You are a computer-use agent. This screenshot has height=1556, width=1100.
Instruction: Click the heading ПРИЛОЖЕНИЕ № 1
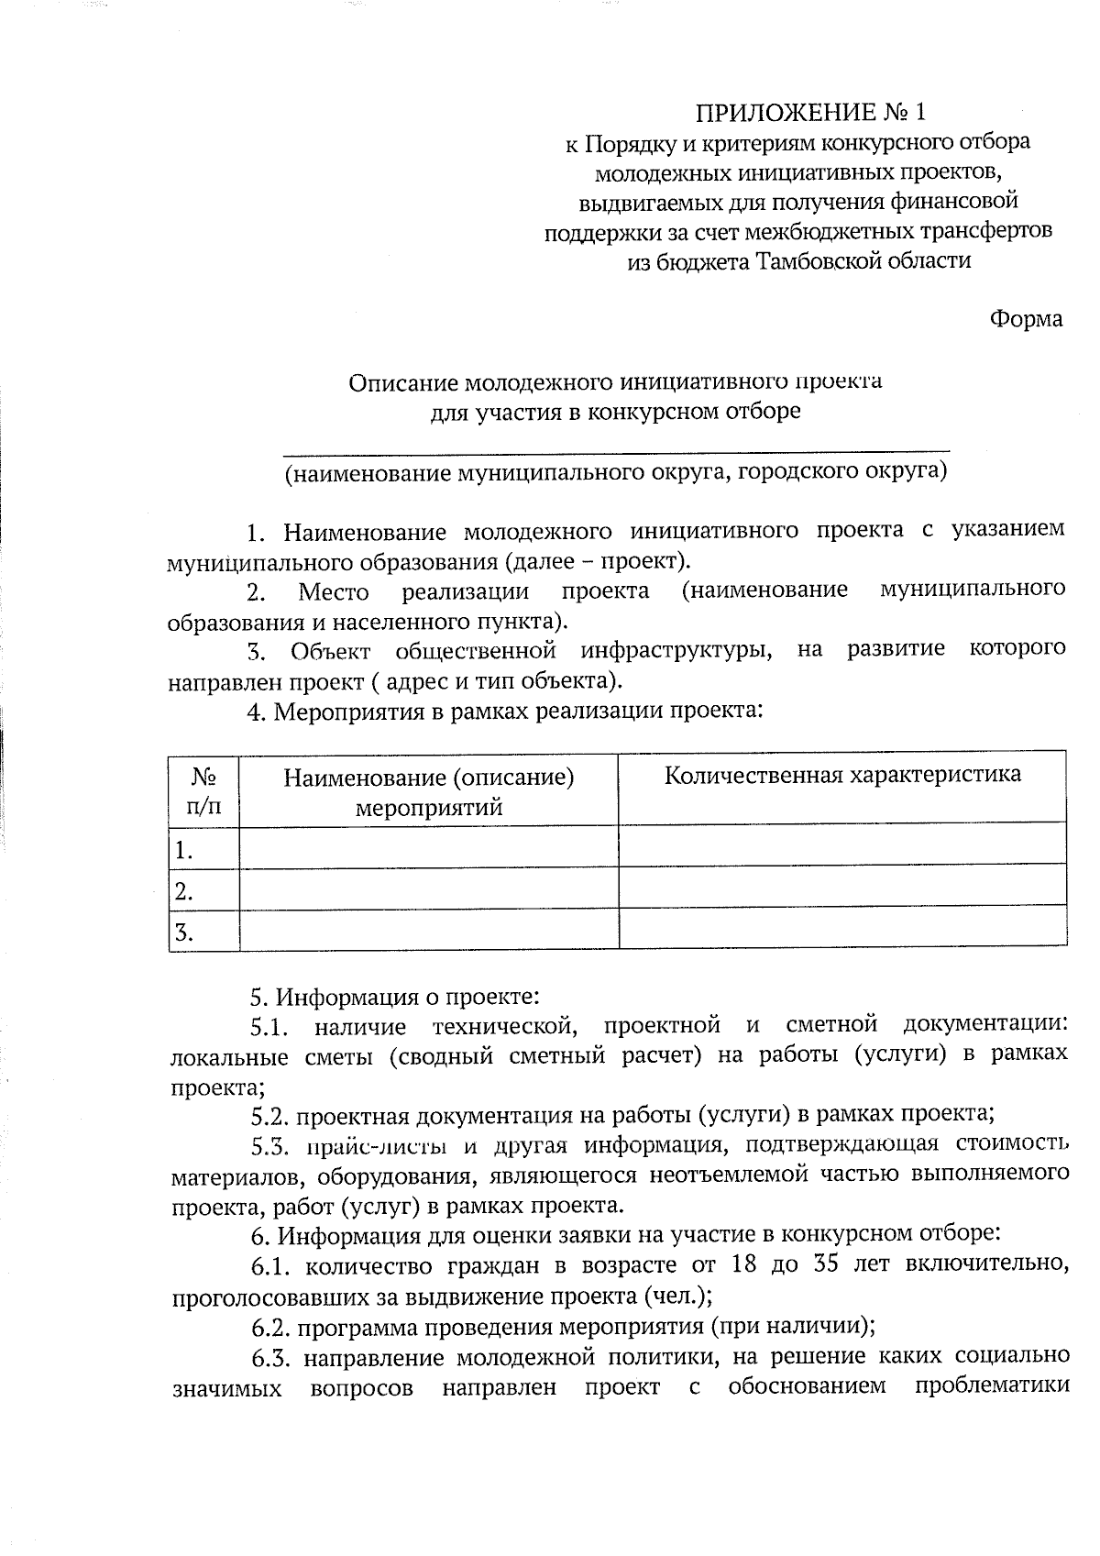(x=810, y=113)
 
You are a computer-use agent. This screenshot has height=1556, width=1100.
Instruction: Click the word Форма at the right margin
(x=1026, y=319)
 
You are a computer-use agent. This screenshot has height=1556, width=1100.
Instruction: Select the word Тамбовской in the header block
(x=815, y=260)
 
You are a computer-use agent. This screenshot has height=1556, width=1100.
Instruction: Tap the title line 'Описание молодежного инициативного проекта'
(x=615, y=381)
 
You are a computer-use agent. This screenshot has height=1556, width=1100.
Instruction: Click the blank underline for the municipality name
(x=615, y=449)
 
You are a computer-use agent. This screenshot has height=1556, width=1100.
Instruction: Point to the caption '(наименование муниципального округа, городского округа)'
(x=615, y=472)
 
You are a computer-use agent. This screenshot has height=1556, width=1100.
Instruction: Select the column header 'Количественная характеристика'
(x=841, y=775)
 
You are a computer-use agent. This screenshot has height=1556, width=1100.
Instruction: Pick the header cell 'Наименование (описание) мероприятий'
(x=428, y=792)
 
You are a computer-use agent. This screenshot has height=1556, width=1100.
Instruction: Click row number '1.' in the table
(x=184, y=850)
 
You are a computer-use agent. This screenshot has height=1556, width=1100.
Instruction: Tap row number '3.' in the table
(x=184, y=932)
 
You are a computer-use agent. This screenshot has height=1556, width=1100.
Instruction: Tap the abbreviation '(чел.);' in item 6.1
(x=679, y=1297)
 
